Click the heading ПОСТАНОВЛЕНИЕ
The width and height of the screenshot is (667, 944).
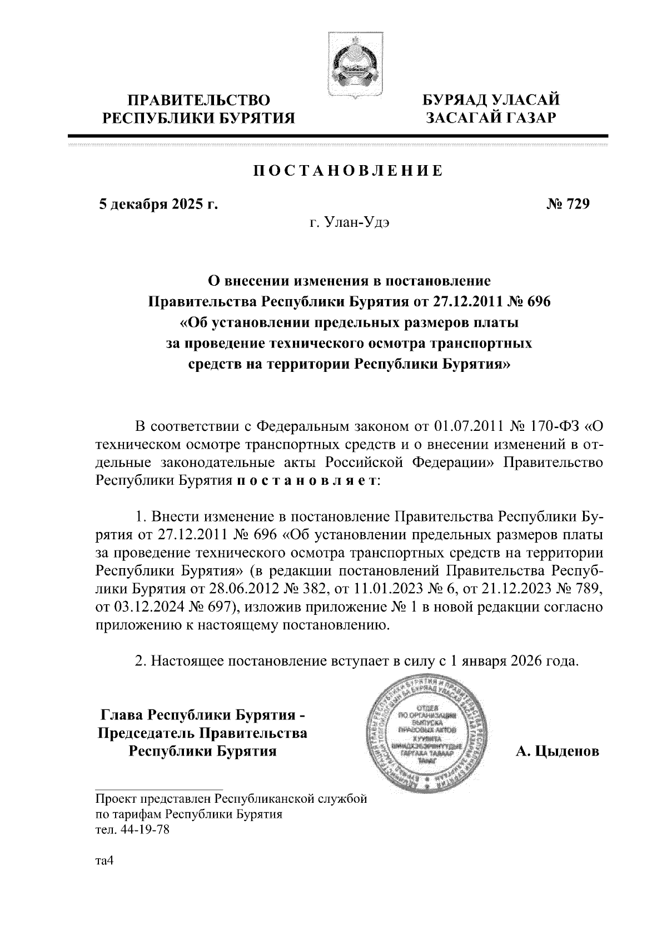coord(349,171)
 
